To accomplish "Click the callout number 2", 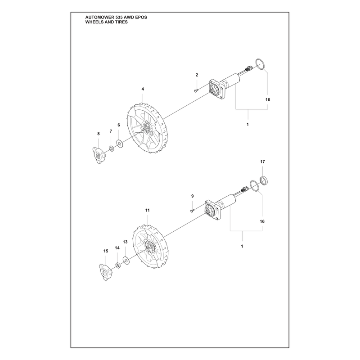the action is pos(197,75).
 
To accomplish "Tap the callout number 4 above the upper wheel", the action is pos(143,89).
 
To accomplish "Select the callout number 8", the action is pos(99,134).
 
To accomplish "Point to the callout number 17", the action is pos(262,162).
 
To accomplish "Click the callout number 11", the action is pos(148,210).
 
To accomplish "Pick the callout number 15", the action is pos(106,251).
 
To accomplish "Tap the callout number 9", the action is pos(193,196).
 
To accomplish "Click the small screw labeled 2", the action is pos(196,91).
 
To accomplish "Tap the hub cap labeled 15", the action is pos(106,272).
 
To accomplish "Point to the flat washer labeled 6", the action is pos(119,144).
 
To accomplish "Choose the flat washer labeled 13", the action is pos(126,261).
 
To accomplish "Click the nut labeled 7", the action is pos(111,148).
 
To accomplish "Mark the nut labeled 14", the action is pos(117,265).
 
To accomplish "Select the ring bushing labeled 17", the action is pos(264,180).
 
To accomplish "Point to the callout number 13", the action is pos(125,242).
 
